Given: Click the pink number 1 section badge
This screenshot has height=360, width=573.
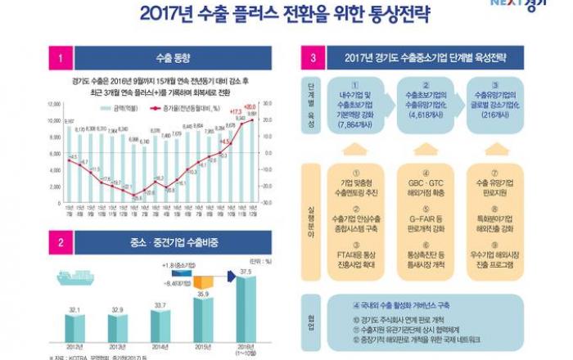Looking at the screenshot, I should [60, 58].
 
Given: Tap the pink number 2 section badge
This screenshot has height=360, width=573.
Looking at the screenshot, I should [60, 243].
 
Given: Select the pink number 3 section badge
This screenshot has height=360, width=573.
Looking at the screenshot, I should [314, 58].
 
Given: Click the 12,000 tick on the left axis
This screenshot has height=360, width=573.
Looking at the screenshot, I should [54, 104].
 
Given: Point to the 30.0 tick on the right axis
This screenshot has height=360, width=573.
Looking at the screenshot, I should [268, 104].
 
